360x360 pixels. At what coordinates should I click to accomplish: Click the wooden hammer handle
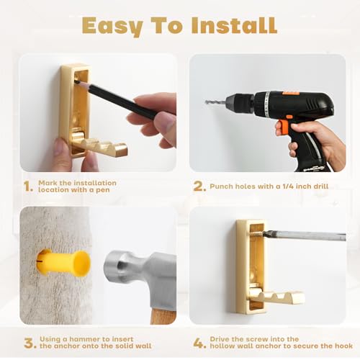pyautogui.click(x=163, y=315)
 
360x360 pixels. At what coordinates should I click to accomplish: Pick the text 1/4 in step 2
pyautogui.click(x=286, y=186)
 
